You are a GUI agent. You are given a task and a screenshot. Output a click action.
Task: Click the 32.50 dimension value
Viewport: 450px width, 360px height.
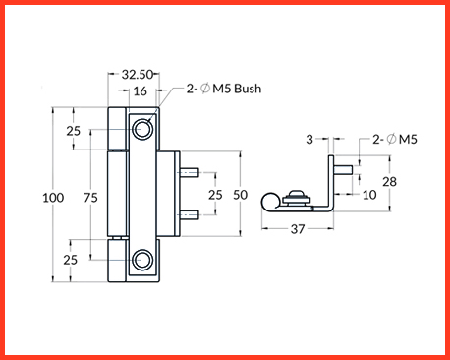pos(138,75)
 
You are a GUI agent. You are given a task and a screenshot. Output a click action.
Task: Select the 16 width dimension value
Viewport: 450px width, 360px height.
pos(140,91)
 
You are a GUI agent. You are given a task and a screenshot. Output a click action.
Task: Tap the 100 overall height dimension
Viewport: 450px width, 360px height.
pos(53,198)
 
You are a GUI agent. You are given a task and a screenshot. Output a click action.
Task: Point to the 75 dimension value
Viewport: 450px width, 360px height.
pos(90,198)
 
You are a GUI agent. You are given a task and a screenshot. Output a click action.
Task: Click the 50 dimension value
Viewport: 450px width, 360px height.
pos(240,195)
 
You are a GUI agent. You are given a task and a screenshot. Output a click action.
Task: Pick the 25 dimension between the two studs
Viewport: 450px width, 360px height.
pos(215,195)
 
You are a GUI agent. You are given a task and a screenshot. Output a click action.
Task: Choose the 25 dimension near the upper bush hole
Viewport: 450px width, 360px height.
pos(74,131)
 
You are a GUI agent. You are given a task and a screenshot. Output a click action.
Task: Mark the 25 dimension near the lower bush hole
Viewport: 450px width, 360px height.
pos(71,260)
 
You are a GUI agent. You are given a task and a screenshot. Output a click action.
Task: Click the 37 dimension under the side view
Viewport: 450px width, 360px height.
pos(298,229)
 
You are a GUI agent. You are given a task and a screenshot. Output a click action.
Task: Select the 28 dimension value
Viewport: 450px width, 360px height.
pos(390,181)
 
